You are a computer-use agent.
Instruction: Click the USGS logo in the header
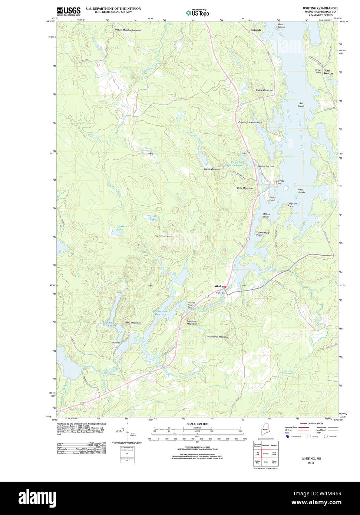tap(69, 11)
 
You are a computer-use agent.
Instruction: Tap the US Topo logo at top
tap(198, 13)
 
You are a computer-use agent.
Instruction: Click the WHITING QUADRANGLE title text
tap(320, 8)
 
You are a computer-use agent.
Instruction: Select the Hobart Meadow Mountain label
tap(128, 30)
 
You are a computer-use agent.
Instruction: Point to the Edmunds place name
tap(255, 30)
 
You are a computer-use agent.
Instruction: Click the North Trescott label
tap(328, 72)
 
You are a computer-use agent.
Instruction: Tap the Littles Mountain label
tap(264, 90)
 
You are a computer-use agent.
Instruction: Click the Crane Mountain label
tap(212, 169)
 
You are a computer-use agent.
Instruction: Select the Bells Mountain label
tap(245, 188)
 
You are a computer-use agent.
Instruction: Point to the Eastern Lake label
tap(153, 217)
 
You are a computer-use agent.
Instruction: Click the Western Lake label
tap(122, 227)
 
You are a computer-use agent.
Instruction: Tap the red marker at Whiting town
tap(225, 286)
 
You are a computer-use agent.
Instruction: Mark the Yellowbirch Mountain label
tap(217, 337)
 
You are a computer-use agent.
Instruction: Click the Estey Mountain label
tap(132, 323)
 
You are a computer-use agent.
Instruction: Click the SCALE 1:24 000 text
tap(197, 424)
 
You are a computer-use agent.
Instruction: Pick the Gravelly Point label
tap(280, 182)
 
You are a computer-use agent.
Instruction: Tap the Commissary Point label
tap(262, 233)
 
